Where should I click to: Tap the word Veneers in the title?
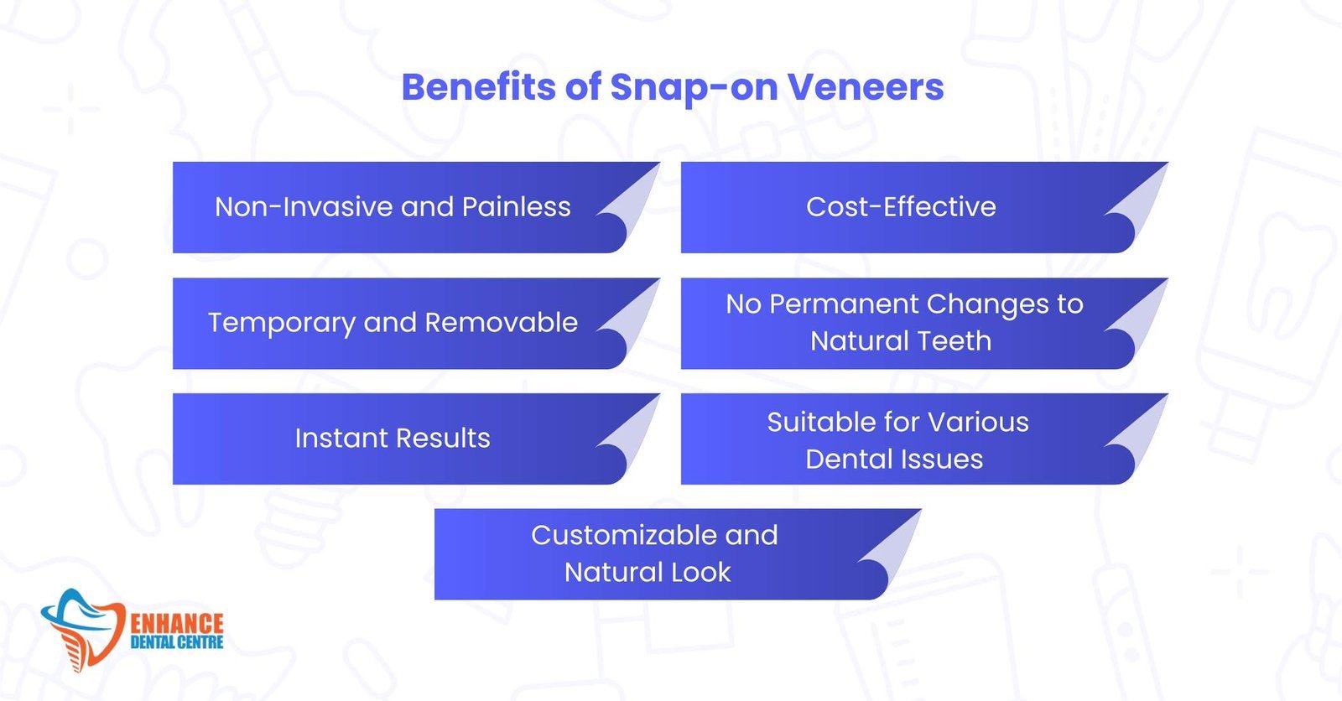[865, 87]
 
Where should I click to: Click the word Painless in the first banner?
[517, 207]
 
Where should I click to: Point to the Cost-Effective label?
[901, 207]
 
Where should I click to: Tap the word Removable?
[501, 322]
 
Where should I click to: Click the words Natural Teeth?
[901, 341]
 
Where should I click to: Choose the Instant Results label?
[393, 438]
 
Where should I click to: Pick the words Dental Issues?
[894, 459]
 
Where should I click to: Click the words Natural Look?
[647, 572]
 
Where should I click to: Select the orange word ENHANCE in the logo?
[177, 624]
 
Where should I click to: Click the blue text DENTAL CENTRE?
[177, 643]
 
